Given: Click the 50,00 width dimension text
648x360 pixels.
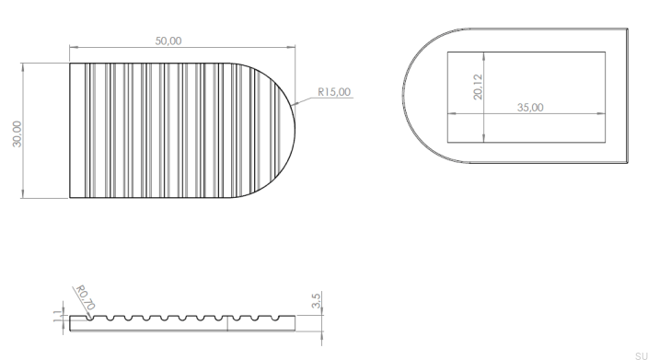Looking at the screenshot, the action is tap(168, 41).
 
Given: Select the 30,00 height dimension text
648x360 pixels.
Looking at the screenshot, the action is tap(17, 134).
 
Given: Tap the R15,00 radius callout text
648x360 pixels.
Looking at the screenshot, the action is tap(334, 92).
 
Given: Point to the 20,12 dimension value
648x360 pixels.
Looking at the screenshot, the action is tap(478, 87).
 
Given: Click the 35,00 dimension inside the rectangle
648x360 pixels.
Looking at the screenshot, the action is tap(530, 108).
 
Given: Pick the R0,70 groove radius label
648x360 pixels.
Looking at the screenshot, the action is tap(86, 297).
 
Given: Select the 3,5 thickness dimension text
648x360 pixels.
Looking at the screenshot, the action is tap(316, 300).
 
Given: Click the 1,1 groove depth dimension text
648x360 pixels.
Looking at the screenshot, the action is tap(58, 316).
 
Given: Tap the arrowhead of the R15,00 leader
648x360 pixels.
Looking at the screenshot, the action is tap(293, 105).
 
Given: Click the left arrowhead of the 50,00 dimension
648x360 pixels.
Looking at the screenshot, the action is tap(73, 47).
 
